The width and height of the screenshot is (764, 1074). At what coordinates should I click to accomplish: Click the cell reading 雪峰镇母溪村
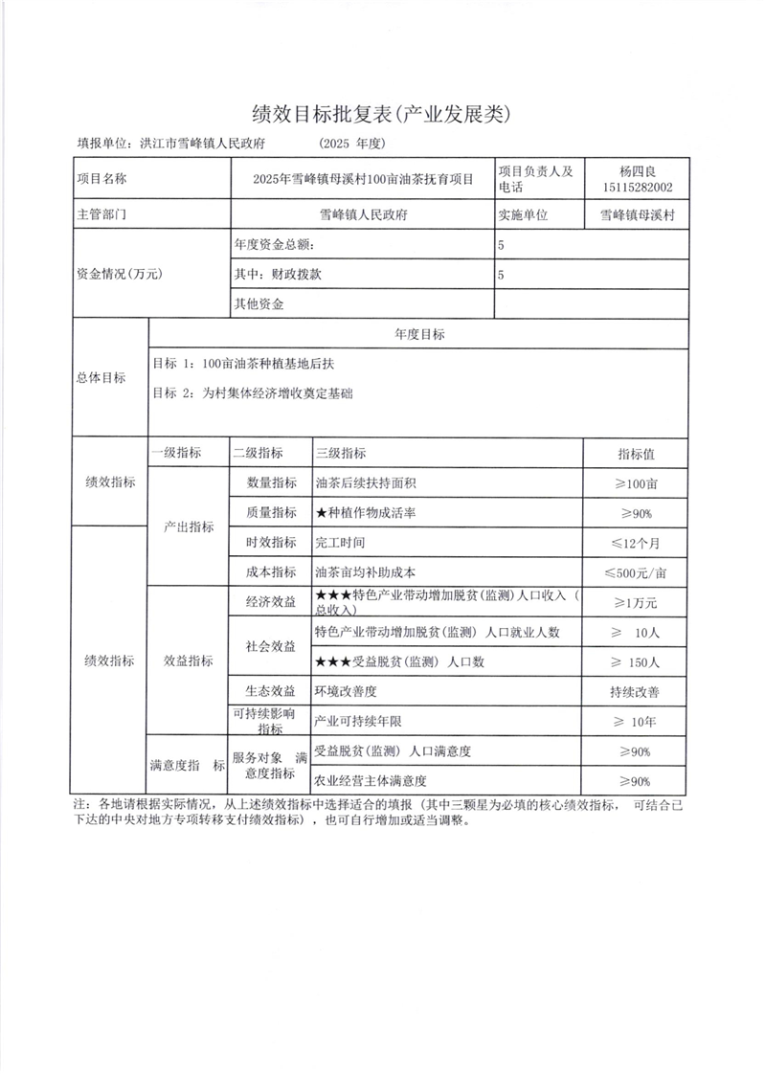[x=637, y=215]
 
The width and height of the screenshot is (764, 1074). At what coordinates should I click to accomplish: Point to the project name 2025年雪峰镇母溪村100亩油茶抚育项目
[x=363, y=179]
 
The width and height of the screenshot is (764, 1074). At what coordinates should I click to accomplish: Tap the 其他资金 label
[x=259, y=304]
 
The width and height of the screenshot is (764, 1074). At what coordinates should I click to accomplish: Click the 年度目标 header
[x=418, y=334]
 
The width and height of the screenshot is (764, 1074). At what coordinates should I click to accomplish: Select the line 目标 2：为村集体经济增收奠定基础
[x=251, y=392]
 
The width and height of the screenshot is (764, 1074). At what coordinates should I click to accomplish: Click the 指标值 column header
[x=637, y=454]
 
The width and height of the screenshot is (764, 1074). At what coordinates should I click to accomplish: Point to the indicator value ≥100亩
[x=637, y=483]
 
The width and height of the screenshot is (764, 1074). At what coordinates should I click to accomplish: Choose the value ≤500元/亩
[x=637, y=572]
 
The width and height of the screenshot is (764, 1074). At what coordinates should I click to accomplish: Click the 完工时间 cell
[x=340, y=543]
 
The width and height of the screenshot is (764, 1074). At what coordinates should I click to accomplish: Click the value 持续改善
[x=637, y=691]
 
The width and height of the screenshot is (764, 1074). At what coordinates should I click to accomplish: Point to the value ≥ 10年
[x=637, y=721]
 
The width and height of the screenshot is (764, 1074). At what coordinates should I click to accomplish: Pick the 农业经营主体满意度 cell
[x=371, y=780]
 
